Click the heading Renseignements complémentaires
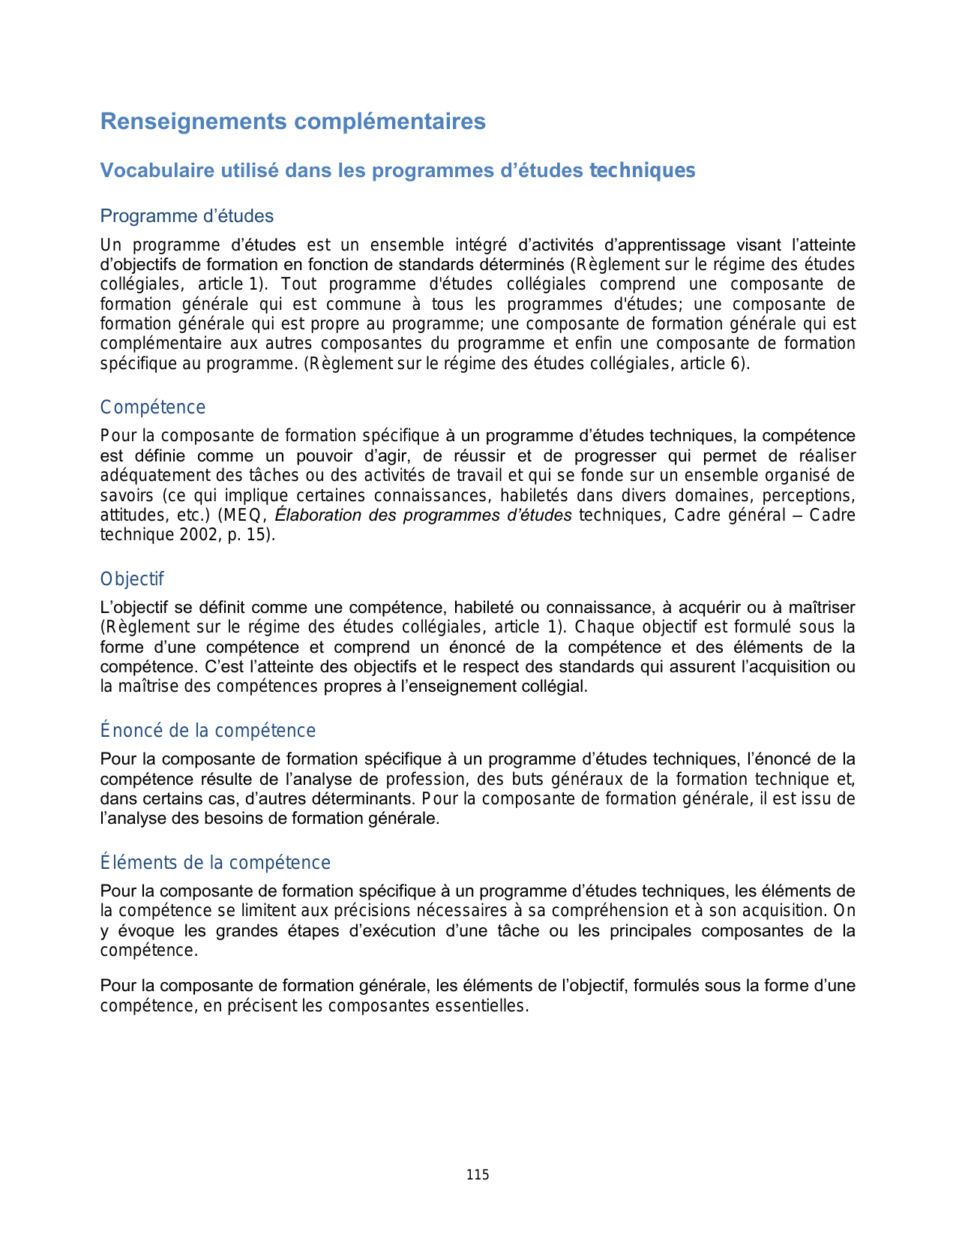292,122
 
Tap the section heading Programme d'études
187,216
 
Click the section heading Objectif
132,579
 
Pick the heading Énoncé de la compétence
208,731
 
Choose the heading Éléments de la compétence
215,863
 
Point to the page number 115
478,1175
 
